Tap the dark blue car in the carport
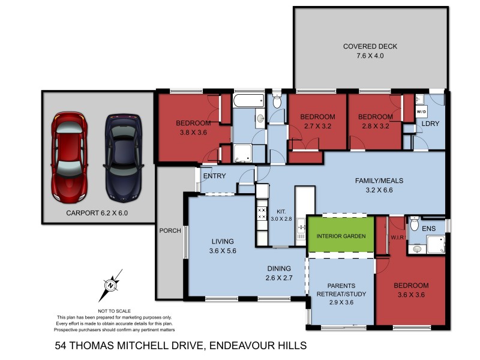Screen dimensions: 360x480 pos(124,157)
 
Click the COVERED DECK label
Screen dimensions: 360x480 pos(370,47)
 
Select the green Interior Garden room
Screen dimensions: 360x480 pos(341,236)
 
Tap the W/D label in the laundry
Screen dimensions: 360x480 pos(421,112)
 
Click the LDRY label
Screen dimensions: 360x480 pos(430,124)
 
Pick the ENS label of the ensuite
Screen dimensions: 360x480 pos(428,229)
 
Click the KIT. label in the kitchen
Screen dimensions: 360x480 pos(281,211)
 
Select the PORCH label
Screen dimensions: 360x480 pos(170,230)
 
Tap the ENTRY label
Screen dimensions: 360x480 pos(215,176)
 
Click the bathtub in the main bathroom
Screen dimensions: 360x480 pos(248,100)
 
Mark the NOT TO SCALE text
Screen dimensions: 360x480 pos(114,311)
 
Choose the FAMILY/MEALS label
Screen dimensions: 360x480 pos(379,180)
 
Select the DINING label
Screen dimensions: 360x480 pos(278,268)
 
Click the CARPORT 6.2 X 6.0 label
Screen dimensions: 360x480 pos(98,212)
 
